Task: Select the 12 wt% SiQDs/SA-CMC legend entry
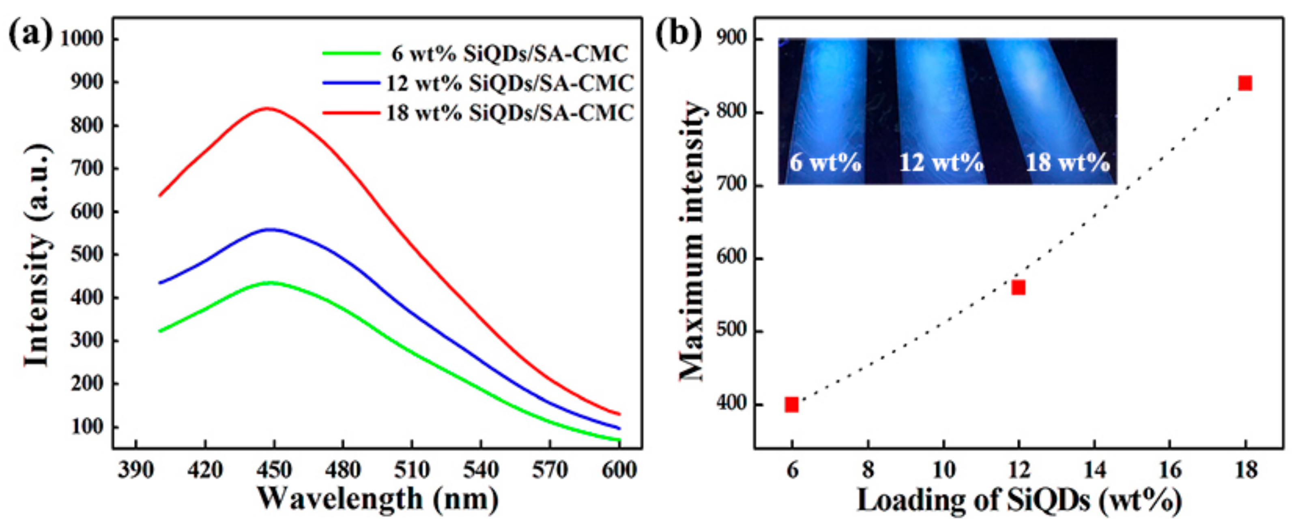click(478, 83)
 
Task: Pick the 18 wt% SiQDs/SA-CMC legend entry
click(478, 112)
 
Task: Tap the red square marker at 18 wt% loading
click(1245, 83)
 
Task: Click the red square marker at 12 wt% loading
click(1019, 288)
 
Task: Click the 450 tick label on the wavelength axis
click(274, 471)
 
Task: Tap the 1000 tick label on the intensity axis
click(82, 39)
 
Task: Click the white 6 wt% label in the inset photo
click(825, 163)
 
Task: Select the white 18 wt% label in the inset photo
click(1068, 163)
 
